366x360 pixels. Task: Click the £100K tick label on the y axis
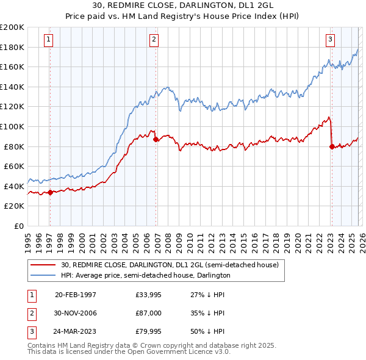12,126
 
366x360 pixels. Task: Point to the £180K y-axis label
12,47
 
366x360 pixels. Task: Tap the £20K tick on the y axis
14,206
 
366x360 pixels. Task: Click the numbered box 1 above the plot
48,40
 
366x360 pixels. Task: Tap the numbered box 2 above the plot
154,40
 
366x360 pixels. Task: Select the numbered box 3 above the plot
330,40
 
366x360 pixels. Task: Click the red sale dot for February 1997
50,192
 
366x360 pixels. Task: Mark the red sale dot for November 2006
156,140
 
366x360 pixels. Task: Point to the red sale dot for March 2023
331,146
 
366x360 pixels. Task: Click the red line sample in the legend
43,265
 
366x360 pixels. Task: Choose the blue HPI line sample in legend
43,275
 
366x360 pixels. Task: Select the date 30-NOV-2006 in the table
76,313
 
